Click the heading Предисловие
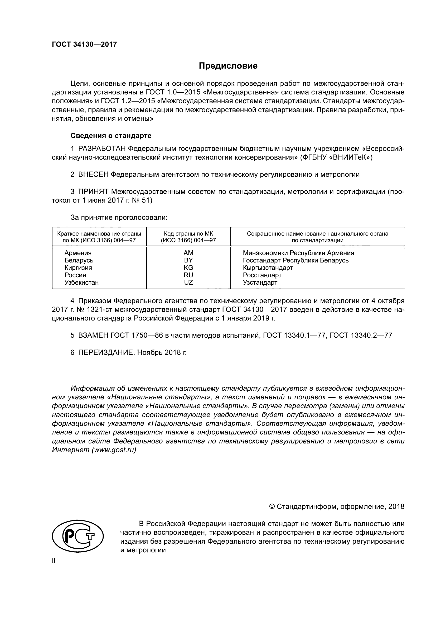coord(228,66)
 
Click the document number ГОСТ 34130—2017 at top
coord(84,44)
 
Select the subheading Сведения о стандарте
coord(111,136)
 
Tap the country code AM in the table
coord(188,253)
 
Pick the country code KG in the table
coord(188,268)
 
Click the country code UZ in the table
coord(188,283)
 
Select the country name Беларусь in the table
coord(79,260)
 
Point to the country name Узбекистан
coord(81,283)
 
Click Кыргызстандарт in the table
coord(268,268)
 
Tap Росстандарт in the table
coord(262,275)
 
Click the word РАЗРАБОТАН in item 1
coord(102,149)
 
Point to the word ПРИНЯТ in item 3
coord(93,192)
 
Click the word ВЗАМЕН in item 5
coord(93,335)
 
